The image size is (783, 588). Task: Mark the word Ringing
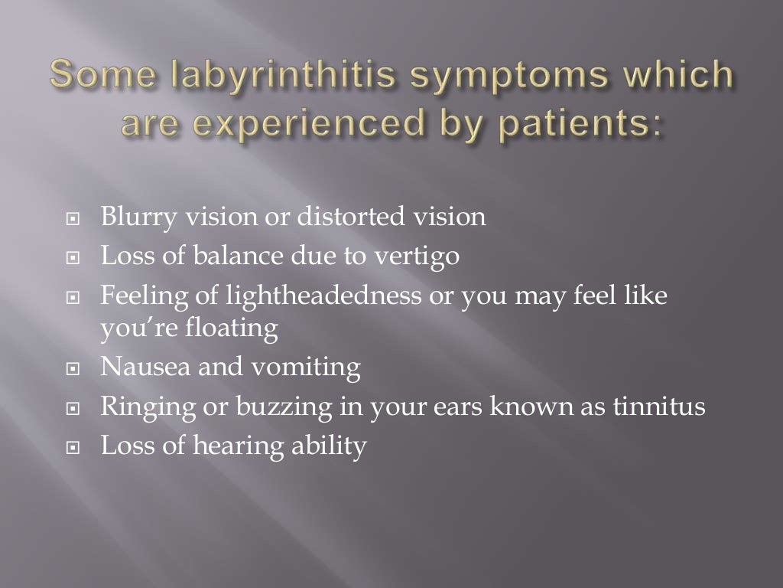tap(146, 407)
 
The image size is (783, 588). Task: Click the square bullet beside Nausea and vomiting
tap(73, 369)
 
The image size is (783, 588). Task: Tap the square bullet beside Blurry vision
tap(73, 219)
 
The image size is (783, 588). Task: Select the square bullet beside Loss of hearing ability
tap(73, 446)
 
